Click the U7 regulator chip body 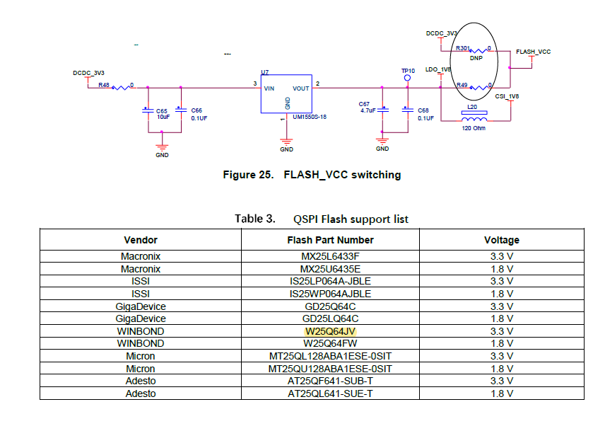[x=286, y=94]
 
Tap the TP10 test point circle [x=407, y=78]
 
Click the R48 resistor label [x=104, y=84]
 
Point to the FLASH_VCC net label [x=533, y=52]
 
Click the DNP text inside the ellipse [x=476, y=59]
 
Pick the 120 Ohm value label [x=472, y=128]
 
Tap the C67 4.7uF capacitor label [x=367, y=107]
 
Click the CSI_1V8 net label [x=507, y=96]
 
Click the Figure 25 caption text [x=312, y=175]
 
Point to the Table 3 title [x=322, y=219]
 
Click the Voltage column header [x=501, y=240]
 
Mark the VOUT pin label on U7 [x=301, y=88]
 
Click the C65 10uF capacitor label [x=162, y=113]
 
